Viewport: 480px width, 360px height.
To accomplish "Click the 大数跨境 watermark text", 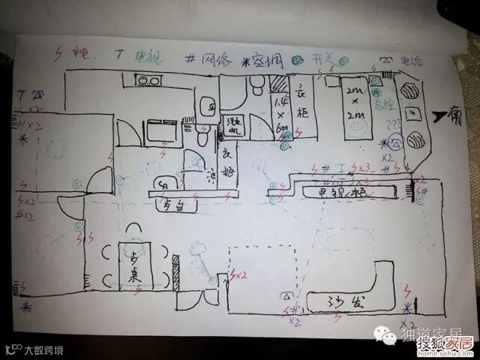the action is click(x=43, y=349).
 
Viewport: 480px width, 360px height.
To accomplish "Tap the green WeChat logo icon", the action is click(x=388, y=339).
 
